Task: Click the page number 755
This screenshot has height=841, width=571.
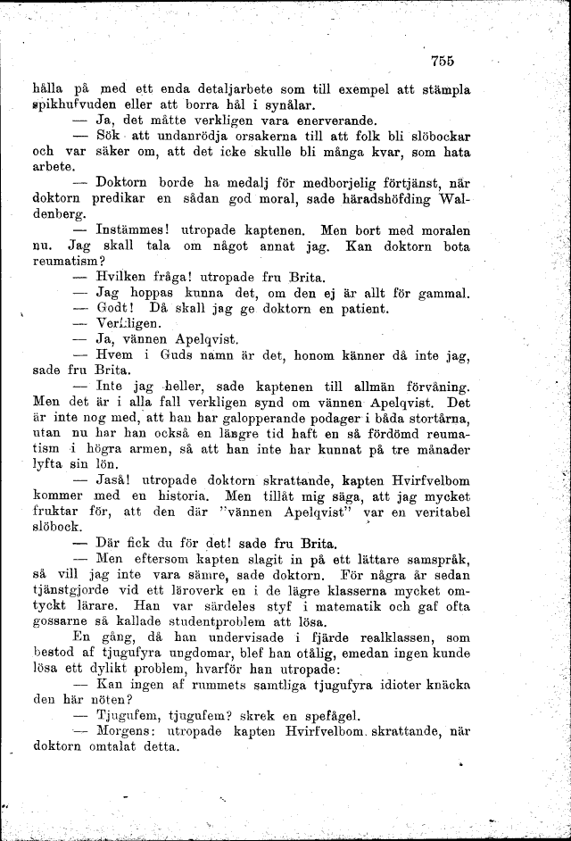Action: (442, 61)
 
